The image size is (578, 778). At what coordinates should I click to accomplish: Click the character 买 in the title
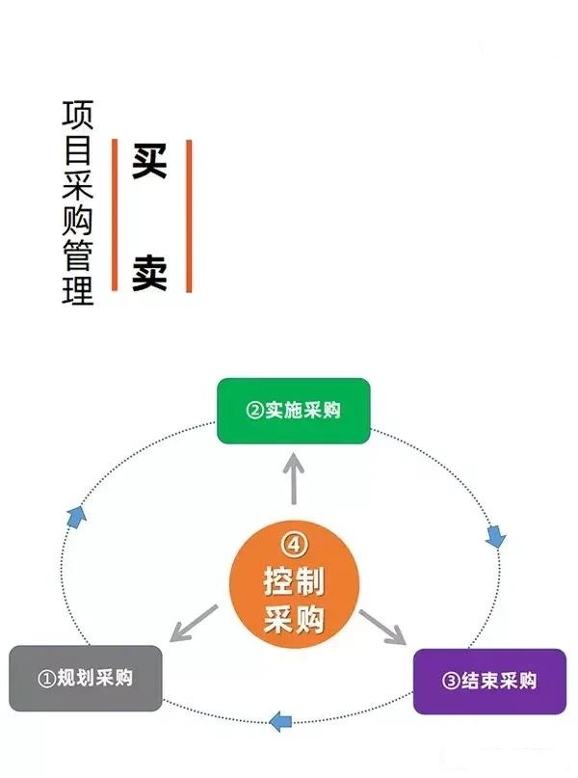(x=150, y=163)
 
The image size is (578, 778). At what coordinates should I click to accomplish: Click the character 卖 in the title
(x=150, y=273)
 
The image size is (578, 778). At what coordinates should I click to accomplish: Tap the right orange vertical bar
(x=189, y=216)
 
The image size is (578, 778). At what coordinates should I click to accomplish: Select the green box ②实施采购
(x=293, y=411)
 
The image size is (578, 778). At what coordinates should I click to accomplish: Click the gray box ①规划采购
(x=85, y=678)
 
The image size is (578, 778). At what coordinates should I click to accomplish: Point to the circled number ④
(x=294, y=545)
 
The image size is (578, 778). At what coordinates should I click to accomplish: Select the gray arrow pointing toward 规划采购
(x=193, y=625)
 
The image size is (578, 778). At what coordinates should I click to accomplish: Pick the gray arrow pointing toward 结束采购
(x=383, y=627)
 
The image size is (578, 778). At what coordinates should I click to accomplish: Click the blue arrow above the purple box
(x=495, y=537)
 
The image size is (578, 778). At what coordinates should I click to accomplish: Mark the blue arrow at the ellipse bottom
(x=280, y=720)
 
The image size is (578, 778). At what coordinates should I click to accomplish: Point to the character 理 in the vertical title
(x=78, y=290)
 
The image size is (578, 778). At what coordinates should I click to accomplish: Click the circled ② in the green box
(x=255, y=411)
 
